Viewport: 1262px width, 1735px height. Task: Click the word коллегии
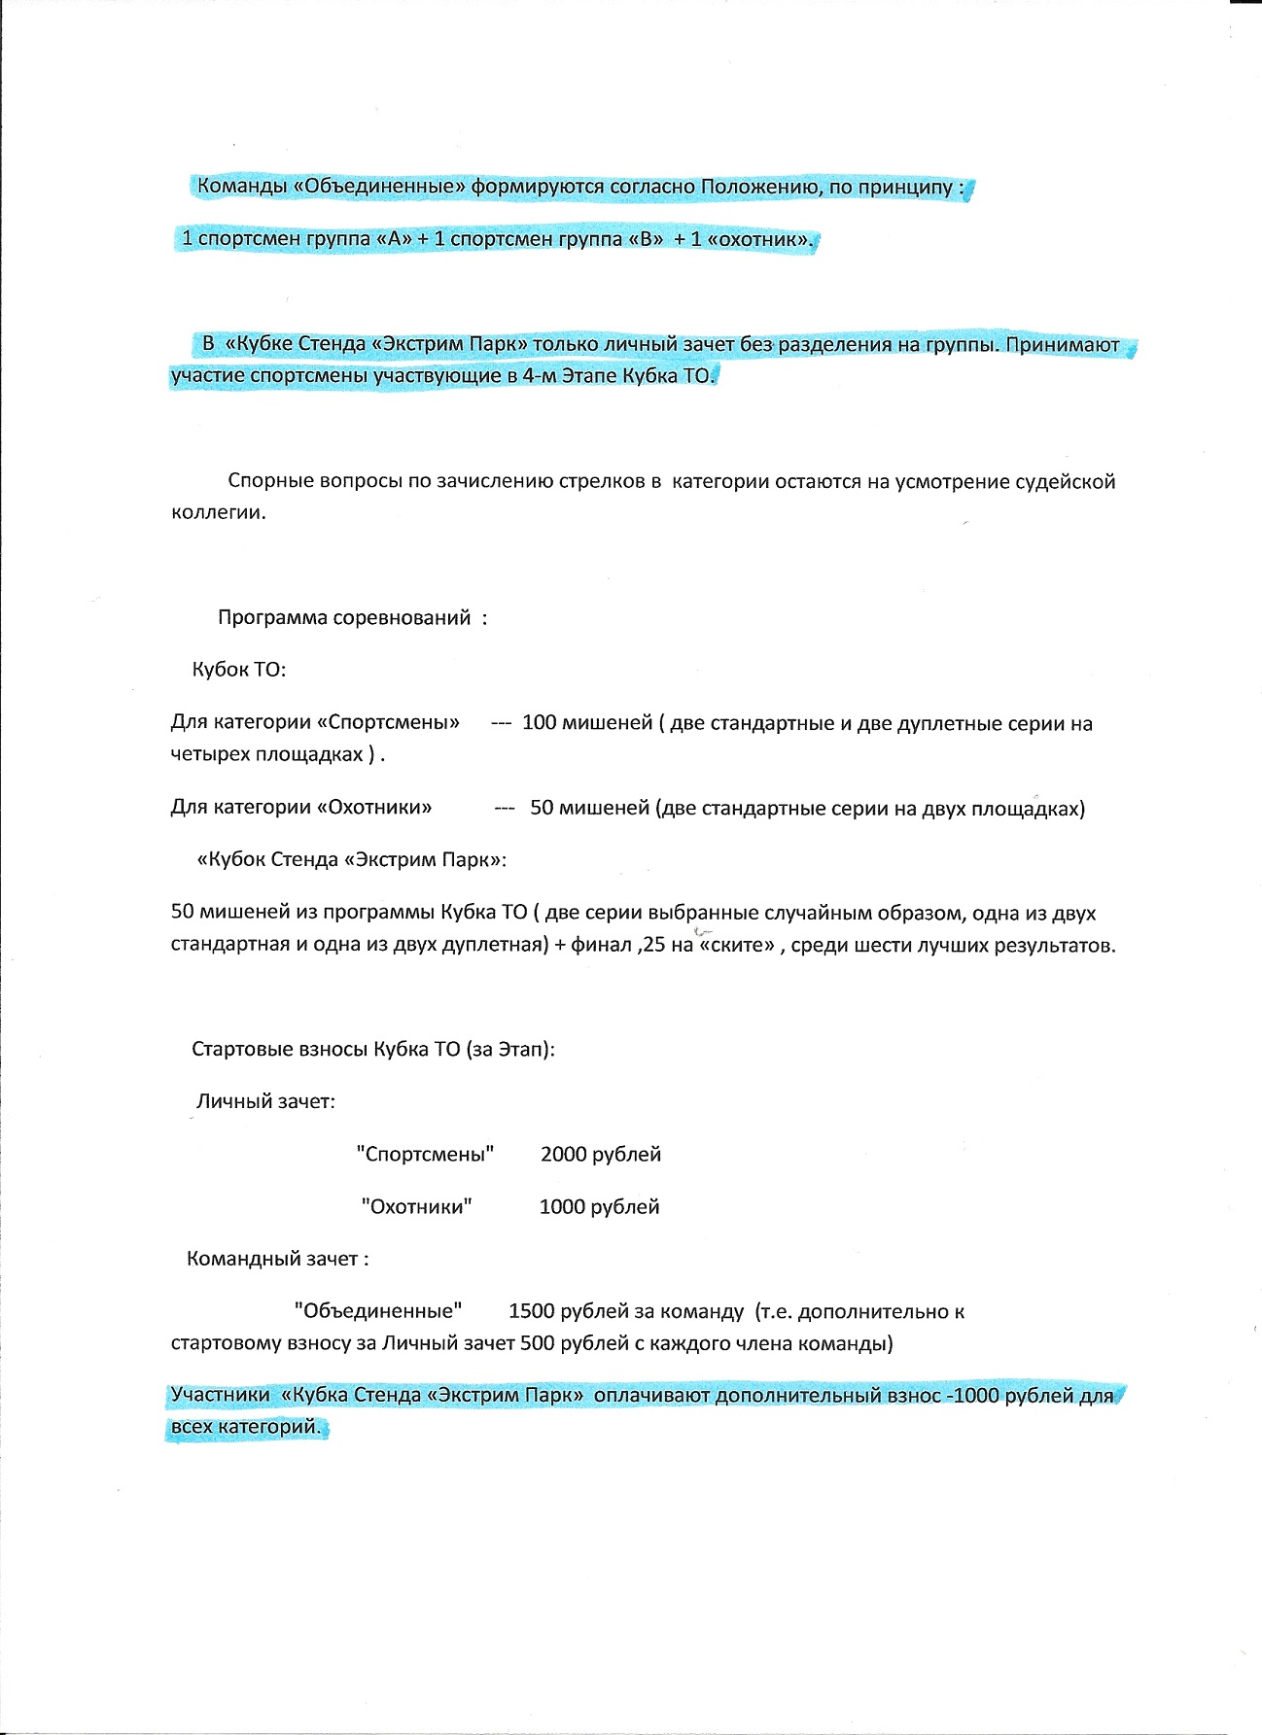(x=218, y=512)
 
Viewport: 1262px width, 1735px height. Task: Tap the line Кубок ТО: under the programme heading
(x=239, y=670)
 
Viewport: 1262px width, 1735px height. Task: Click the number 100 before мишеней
(x=539, y=723)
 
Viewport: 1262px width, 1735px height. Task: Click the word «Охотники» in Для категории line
(x=374, y=808)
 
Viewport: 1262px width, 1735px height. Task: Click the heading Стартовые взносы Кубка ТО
(x=373, y=1050)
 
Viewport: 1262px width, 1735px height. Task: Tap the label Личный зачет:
(x=265, y=1102)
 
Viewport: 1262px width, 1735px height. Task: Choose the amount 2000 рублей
(x=601, y=1155)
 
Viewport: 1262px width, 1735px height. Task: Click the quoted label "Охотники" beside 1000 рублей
(x=416, y=1207)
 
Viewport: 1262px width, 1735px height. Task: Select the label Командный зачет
(x=277, y=1260)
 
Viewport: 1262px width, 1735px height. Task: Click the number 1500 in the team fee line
(x=531, y=1311)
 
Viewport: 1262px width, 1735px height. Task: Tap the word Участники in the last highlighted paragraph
(x=220, y=1396)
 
